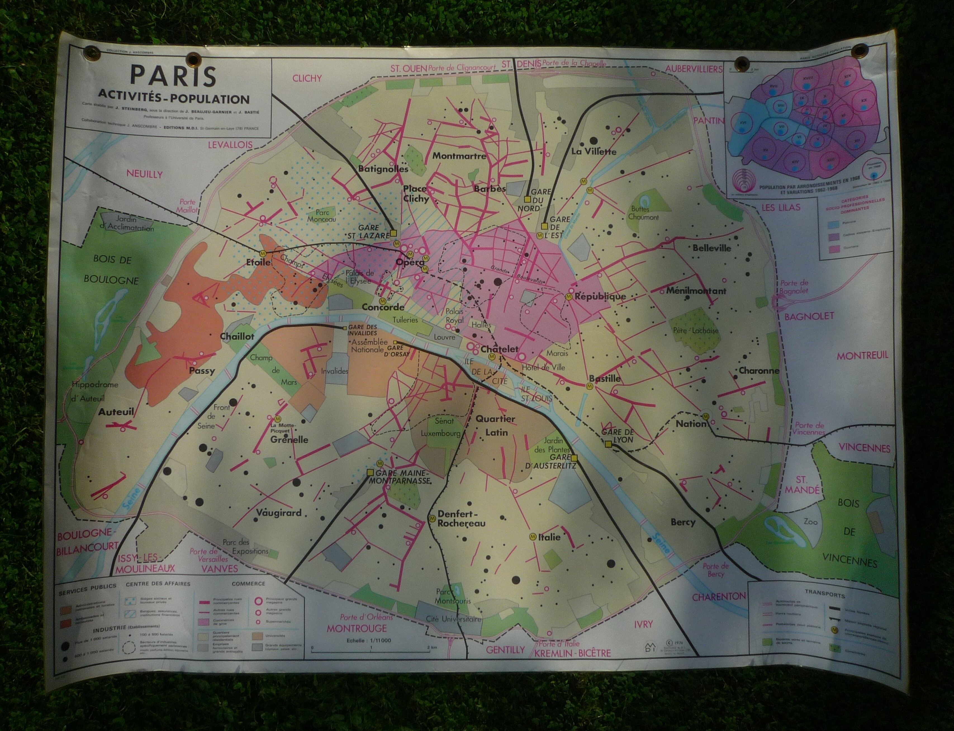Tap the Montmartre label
459,156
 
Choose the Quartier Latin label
495,425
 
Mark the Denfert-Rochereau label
461,518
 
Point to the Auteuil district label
116,411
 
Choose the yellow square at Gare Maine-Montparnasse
370,472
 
